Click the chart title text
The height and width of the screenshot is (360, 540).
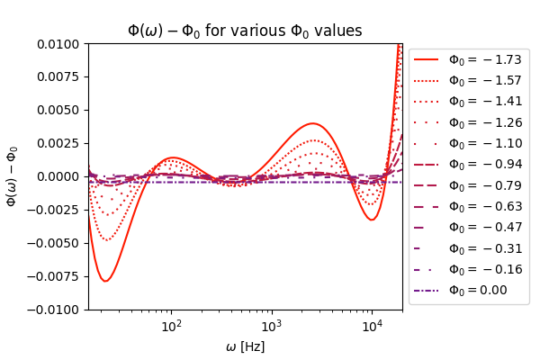pos(245,31)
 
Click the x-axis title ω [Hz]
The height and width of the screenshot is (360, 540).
pos(245,346)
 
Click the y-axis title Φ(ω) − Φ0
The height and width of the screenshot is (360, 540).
pos(13,176)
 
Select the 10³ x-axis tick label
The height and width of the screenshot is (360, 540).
pos(271,325)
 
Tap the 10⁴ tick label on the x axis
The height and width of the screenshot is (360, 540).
pos(371,325)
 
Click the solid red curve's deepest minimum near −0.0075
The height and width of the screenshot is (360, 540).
pos(105,281)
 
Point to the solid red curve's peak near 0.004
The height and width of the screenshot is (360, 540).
pos(312,123)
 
